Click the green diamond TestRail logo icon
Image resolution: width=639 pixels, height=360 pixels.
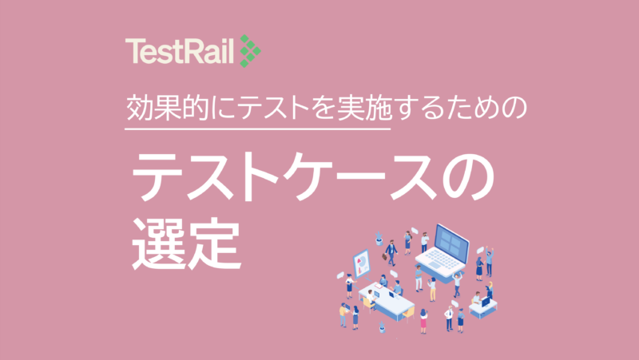pos(250,52)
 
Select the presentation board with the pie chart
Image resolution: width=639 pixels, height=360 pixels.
pos(360,262)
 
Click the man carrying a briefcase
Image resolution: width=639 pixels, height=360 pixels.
pos(391,253)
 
